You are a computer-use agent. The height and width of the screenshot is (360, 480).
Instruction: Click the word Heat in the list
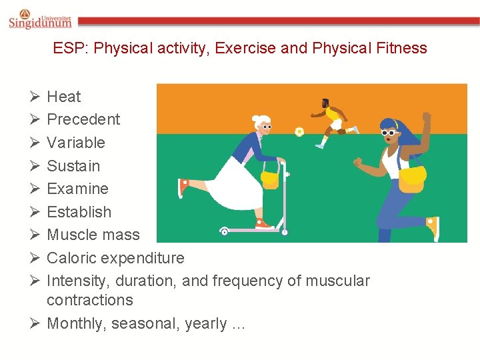coord(63,97)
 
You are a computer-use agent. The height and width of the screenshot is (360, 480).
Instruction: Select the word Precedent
coord(83,120)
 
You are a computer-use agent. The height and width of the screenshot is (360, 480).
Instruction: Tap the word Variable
coord(76,143)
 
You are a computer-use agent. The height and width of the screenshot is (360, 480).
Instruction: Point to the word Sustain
coord(73,166)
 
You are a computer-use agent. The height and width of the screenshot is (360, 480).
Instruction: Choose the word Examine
coord(77,189)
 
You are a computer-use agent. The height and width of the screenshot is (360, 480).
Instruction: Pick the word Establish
coord(79,212)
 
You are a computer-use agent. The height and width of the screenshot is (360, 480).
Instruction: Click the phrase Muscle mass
coord(93,235)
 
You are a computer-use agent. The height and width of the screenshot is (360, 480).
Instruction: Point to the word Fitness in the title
coord(401,48)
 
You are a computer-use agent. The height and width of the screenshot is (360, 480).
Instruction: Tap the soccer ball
coord(299,132)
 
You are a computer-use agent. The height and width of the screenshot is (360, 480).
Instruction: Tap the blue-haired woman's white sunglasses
coord(389,133)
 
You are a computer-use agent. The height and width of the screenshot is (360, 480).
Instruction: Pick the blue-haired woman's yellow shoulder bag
coord(412,176)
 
